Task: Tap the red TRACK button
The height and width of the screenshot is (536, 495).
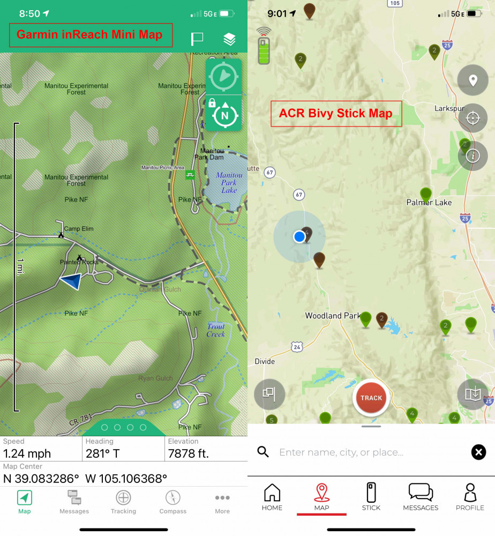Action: click(371, 398)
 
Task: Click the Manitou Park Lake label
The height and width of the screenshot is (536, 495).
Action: click(229, 183)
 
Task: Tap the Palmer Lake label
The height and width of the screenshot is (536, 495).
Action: click(429, 203)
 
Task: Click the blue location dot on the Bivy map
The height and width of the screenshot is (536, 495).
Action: click(299, 236)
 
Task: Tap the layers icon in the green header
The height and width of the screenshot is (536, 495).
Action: click(229, 39)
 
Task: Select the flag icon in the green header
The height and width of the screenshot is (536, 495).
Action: click(197, 39)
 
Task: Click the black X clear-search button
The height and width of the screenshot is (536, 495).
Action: click(478, 452)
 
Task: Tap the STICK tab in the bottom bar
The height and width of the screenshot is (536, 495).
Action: click(371, 496)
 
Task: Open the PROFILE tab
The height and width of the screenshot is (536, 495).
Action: click(470, 496)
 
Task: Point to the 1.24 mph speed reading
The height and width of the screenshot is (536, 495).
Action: click(27, 453)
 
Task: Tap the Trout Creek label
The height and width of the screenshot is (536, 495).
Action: click(216, 330)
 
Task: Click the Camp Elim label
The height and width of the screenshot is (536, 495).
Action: click(79, 229)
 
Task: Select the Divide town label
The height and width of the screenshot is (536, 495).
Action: click(265, 361)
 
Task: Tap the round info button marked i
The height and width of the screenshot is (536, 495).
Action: click(472, 156)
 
